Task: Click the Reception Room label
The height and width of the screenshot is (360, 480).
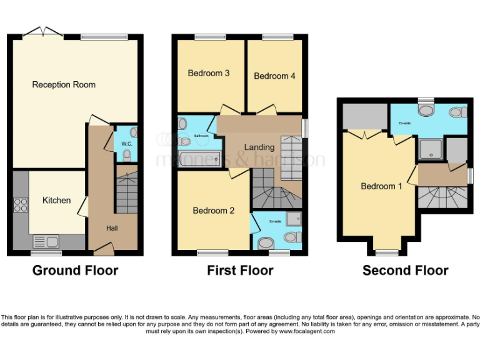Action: tap(64, 84)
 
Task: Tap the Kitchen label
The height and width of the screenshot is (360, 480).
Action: tap(56, 201)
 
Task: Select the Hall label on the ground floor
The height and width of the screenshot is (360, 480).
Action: tap(112, 229)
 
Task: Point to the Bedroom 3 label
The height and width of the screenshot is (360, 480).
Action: tap(209, 73)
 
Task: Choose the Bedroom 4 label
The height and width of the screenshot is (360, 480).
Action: tap(274, 76)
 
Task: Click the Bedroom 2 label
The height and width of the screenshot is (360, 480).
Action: tap(213, 211)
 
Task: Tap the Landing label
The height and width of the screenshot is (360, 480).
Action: tap(259, 147)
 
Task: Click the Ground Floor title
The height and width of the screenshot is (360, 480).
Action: tap(75, 271)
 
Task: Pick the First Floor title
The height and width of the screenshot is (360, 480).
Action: tap(240, 271)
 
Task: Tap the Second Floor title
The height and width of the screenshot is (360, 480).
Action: tap(405, 271)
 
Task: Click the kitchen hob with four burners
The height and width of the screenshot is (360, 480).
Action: tap(20, 205)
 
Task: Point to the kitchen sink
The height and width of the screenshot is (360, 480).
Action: tap(46, 241)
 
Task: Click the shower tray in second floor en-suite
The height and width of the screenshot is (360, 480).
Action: tap(429, 149)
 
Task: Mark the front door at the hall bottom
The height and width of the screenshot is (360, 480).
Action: tap(103, 251)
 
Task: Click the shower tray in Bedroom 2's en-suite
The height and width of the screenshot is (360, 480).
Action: tap(293, 219)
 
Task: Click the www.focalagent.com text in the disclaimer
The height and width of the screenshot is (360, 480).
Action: tap(307, 331)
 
